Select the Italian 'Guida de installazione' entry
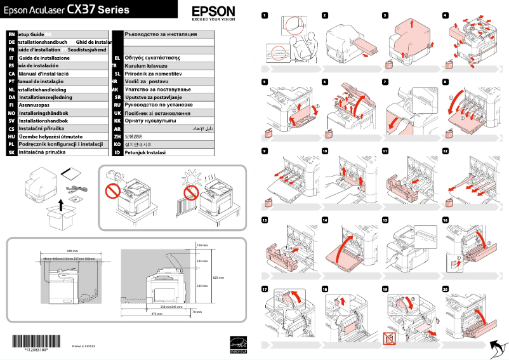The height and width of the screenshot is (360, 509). click(44, 58)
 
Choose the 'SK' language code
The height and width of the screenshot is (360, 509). click(11, 153)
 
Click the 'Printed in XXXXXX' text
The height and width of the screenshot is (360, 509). click(84, 347)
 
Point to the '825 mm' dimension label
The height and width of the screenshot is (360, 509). click(218, 277)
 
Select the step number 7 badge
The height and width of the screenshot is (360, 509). click(385, 81)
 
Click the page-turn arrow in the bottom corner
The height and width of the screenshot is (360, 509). click(498, 347)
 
